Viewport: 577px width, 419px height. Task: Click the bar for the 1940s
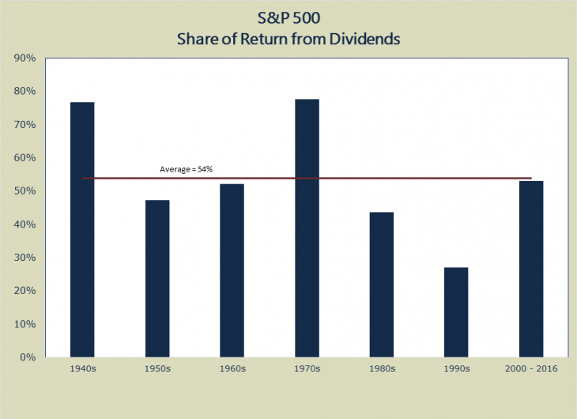82,229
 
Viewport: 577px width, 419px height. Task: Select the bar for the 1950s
157,278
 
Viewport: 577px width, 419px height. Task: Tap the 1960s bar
232,270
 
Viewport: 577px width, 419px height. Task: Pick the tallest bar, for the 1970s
307,228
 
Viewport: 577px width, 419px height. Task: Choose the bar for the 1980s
381,285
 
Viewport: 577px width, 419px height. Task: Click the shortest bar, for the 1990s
456,312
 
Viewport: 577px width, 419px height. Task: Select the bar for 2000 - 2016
530,269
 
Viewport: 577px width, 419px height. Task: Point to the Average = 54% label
187,170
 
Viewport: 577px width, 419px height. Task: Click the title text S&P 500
288,17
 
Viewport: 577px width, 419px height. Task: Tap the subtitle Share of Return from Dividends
288,37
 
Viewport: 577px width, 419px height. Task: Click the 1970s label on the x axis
307,369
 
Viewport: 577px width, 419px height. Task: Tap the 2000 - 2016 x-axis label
530,369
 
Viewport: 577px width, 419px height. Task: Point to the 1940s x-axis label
82,369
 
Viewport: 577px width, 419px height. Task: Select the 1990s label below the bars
456,369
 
